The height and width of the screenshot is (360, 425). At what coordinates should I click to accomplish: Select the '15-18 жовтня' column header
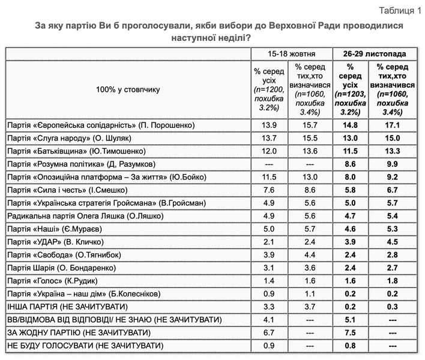(291, 53)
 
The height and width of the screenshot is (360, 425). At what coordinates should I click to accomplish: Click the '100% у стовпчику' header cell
(127, 89)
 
